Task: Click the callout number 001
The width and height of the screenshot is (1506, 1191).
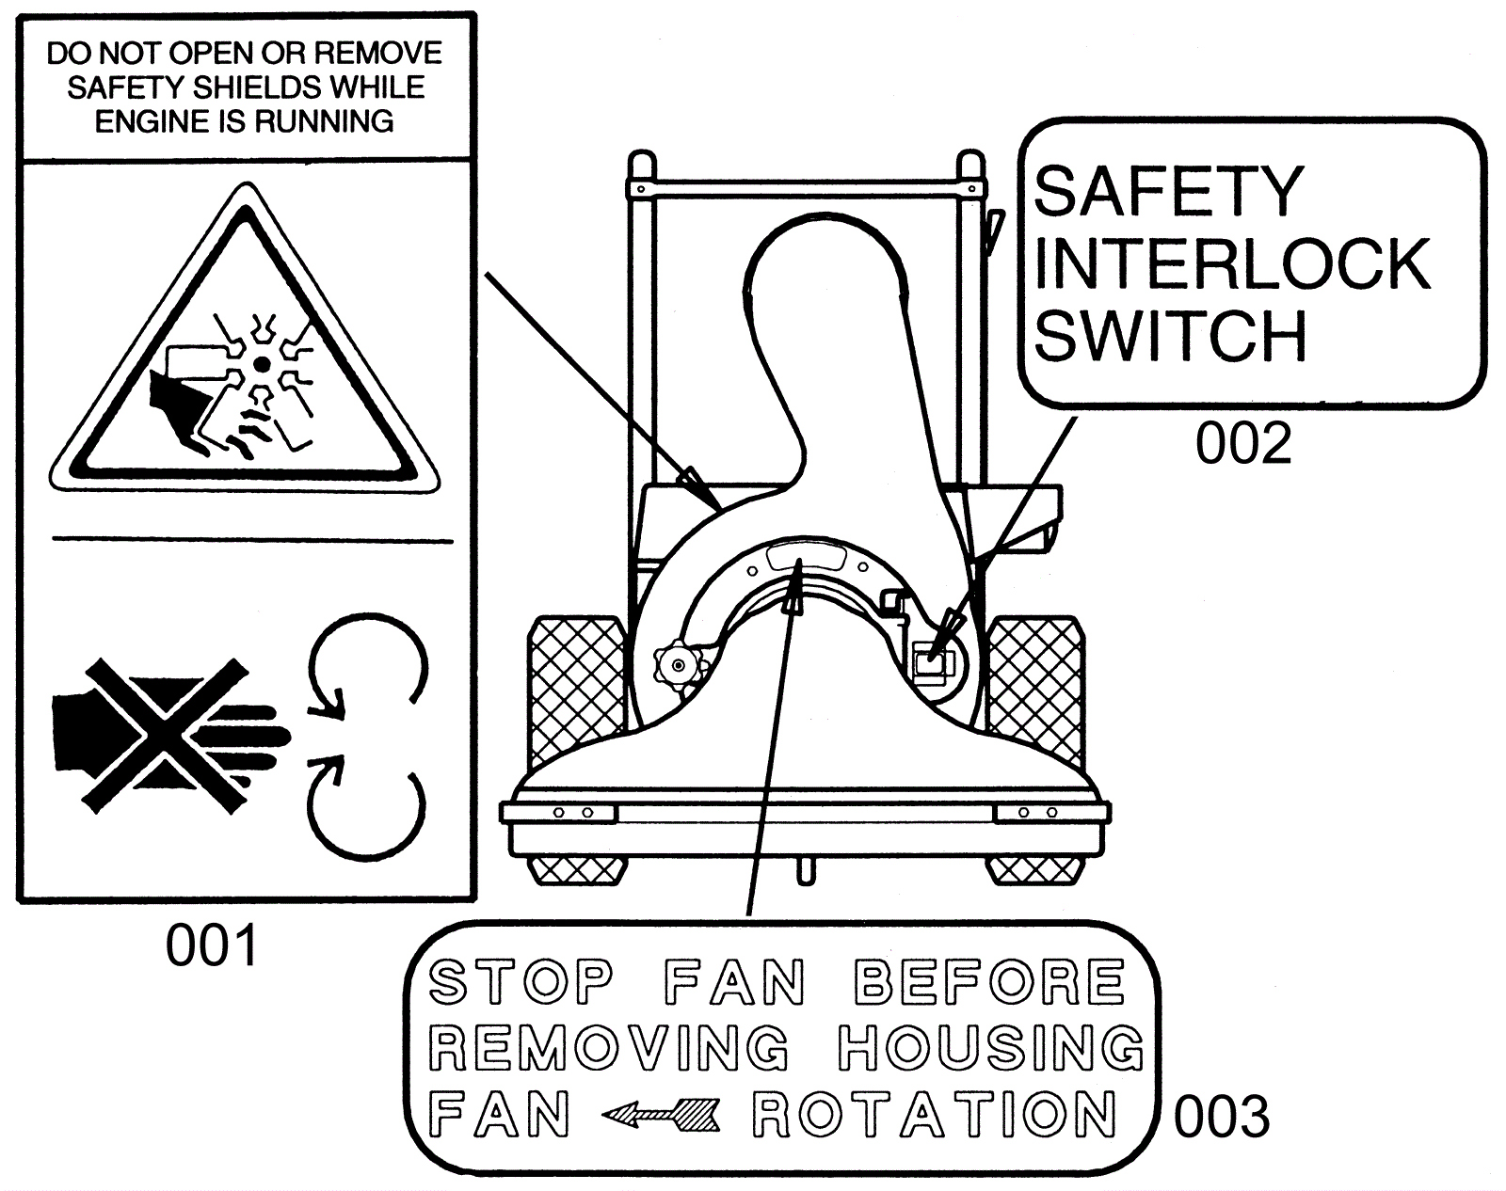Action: [x=212, y=945]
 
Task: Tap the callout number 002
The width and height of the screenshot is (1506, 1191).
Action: [x=1242, y=443]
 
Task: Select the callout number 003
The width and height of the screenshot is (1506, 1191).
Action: [x=1221, y=1117]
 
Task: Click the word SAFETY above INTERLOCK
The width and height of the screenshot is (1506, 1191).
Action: [x=1168, y=191]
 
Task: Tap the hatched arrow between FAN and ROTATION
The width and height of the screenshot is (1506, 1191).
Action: [x=660, y=1114]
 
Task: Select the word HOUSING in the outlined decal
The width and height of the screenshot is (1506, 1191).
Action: [x=989, y=1048]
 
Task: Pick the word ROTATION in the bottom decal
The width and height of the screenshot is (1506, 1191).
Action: [x=935, y=1113]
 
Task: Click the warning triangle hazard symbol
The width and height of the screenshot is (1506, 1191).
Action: [x=244, y=339]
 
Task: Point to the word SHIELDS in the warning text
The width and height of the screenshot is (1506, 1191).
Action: [x=257, y=87]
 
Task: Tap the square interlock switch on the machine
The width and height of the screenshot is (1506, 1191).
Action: [x=935, y=661]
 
